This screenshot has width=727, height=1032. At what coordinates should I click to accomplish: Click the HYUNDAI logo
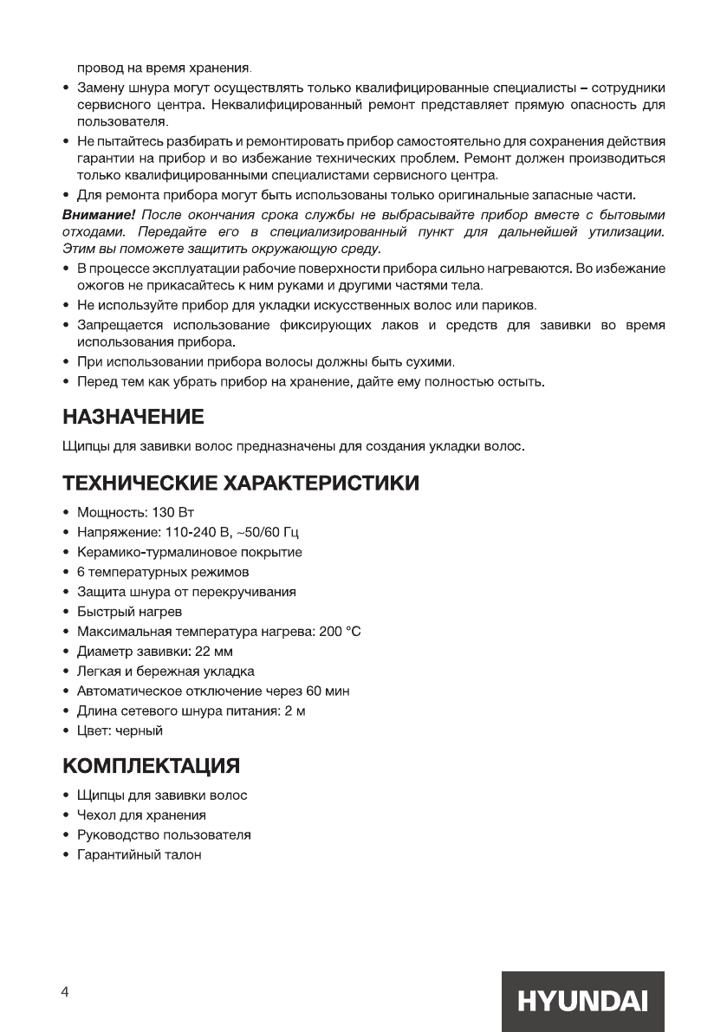tap(581, 1001)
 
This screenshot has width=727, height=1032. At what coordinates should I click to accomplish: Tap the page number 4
tap(65, 993)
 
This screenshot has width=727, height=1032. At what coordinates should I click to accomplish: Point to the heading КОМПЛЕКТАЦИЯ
tap(151, 766)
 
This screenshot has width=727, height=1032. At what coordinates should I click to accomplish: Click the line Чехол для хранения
tap(141, 815)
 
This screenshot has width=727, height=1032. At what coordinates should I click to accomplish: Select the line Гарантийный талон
tap(139, 855)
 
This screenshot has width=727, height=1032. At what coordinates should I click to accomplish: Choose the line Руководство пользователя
tap(164, 835)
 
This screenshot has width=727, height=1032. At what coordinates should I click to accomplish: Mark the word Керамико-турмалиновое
tap(145, 553)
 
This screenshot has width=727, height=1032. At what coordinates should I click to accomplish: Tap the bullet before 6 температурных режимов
tap(67, 573)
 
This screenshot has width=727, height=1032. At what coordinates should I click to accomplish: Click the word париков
tap(512, 306)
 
